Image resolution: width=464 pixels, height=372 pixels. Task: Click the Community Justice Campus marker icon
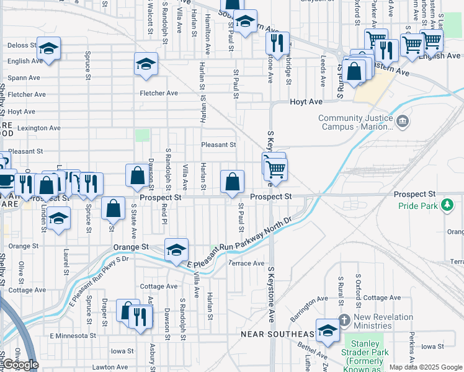[x=404, y=120]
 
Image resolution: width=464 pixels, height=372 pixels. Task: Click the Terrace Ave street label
[x=247, y=263]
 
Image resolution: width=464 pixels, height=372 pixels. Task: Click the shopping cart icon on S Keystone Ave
[x=275, y=167]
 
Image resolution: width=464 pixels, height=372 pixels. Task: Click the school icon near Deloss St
[x=48, y=48]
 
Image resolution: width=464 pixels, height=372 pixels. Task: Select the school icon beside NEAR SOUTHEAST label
[x=328, y=329]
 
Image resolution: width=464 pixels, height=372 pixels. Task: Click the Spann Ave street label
[x=24, y=78]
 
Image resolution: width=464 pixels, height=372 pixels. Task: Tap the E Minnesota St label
[x=73, y=335]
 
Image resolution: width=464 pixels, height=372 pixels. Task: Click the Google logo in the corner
[x=20, y=365]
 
